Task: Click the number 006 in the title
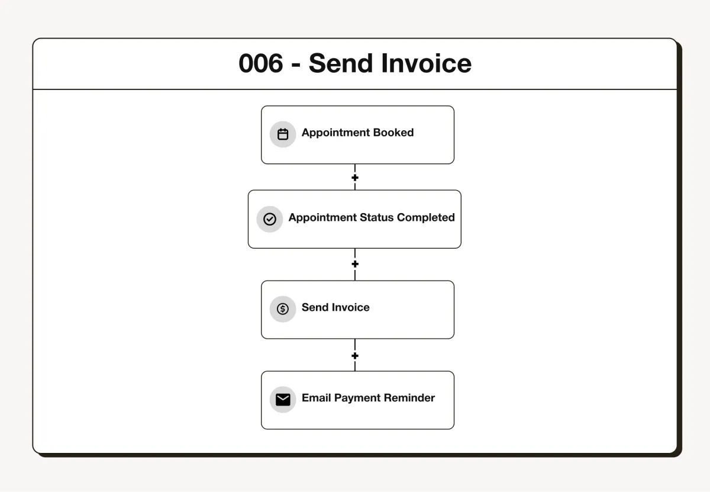click(260, 63)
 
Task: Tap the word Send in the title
click(340, 63)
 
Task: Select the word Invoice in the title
click(427, 63)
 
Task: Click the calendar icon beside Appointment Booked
click(283, 134)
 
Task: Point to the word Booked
click(393, 132)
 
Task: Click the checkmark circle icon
click(269, 219)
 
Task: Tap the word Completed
click(425, 217)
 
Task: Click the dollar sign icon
click(282, 308)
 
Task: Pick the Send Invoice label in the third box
click(335, 307)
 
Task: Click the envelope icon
click(283, 400)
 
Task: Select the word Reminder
click(409, 397)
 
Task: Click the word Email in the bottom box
click(317, 397)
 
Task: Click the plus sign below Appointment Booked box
click(355, 178)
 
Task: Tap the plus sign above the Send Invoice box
click(355, 264)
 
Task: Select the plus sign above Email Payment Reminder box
click(355, 356)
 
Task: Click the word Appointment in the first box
click(335, 133)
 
